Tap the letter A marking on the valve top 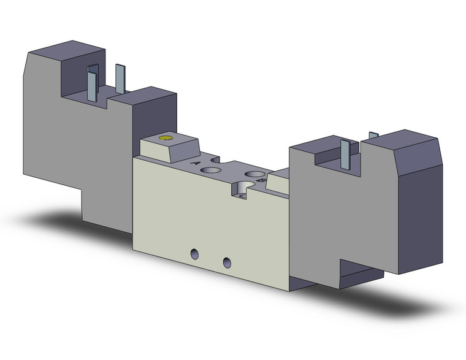coord(196,163)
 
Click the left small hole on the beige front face coord(196,253)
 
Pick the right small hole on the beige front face coord(227,262)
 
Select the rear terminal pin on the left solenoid coord(120,78)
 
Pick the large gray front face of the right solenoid coord(343,215)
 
